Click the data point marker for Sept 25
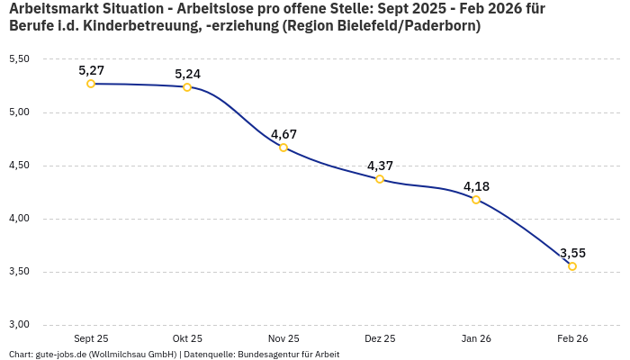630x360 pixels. pos(91,84)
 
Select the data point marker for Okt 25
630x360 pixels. pos(187,87)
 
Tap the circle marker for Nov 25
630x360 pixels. pos(283,148)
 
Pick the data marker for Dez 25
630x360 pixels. pos(380,179)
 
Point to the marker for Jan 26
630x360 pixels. pos(476,200)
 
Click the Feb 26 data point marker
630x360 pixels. pos(572,266)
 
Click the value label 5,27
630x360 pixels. pos(91,69)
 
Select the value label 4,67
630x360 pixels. pos(283,134)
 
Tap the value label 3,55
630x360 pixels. pos(573,253)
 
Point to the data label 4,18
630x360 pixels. pos(476,186)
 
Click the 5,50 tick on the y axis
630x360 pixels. pos(19,59)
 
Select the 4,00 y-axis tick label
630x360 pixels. pos(19,219)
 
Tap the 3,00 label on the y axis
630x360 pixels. pos(19,325)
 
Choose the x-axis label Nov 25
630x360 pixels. pos(283,338)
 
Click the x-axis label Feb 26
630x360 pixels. pos(572,338)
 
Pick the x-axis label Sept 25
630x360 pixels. pos(91,338)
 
